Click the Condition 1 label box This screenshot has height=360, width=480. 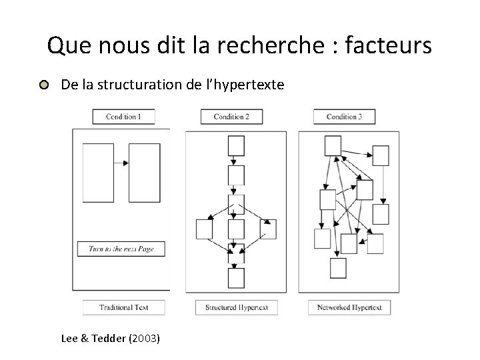pyautogui.click(x=123, y=117)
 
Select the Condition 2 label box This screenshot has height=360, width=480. pyautogui.click(x=231, y=117)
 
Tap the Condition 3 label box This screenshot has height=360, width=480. pyautogui.click(x=344, y=117)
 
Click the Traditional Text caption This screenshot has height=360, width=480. pyautogui.click(x=123, y=307)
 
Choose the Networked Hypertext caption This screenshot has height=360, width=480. pyautogui.click(x=349, y=307)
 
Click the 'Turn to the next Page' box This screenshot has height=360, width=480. pyautogui.click(x=121, y=249)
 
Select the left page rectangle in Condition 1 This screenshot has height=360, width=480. pyautogui.click(x=98, y=173)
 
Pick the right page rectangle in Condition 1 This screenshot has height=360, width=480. pyautogui.click(x=145, y=173)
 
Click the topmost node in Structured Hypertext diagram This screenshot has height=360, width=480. pyautogui.click(x=236, y=145)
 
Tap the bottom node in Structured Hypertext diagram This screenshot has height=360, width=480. pyautogui.click(x=236, y=278)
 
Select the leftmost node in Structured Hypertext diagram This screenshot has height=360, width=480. pyautogui.click(x=204, y=229)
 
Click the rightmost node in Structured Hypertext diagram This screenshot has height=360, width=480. pyautogui.click(x=269, y=229)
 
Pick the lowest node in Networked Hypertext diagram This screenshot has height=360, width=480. pyautogui.click(x=338, y=267)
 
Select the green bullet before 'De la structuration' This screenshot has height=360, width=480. pyautogui.click(x=44, y=85)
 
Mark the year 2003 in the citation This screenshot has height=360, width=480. pyautogui.click(x=147, y=339)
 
